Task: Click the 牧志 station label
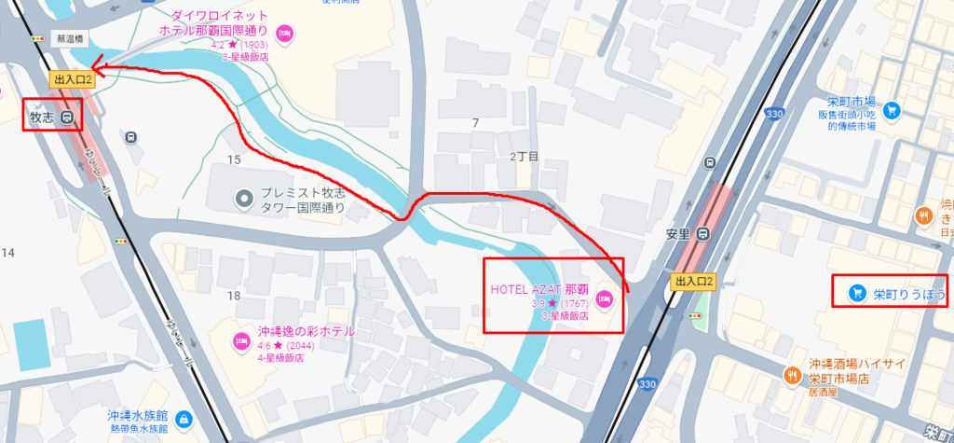pos(42,118)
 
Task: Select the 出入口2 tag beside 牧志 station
pos(73,80)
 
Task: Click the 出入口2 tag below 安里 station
pos(693,281)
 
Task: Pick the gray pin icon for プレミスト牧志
pos(244,197)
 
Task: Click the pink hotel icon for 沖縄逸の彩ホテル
pos(240,339)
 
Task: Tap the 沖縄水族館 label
pos(137,417)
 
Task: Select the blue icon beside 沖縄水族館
pos(184,418)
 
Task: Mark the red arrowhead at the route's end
pos(98,68)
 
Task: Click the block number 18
pos(233,296)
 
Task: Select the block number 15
pos(233,159)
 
